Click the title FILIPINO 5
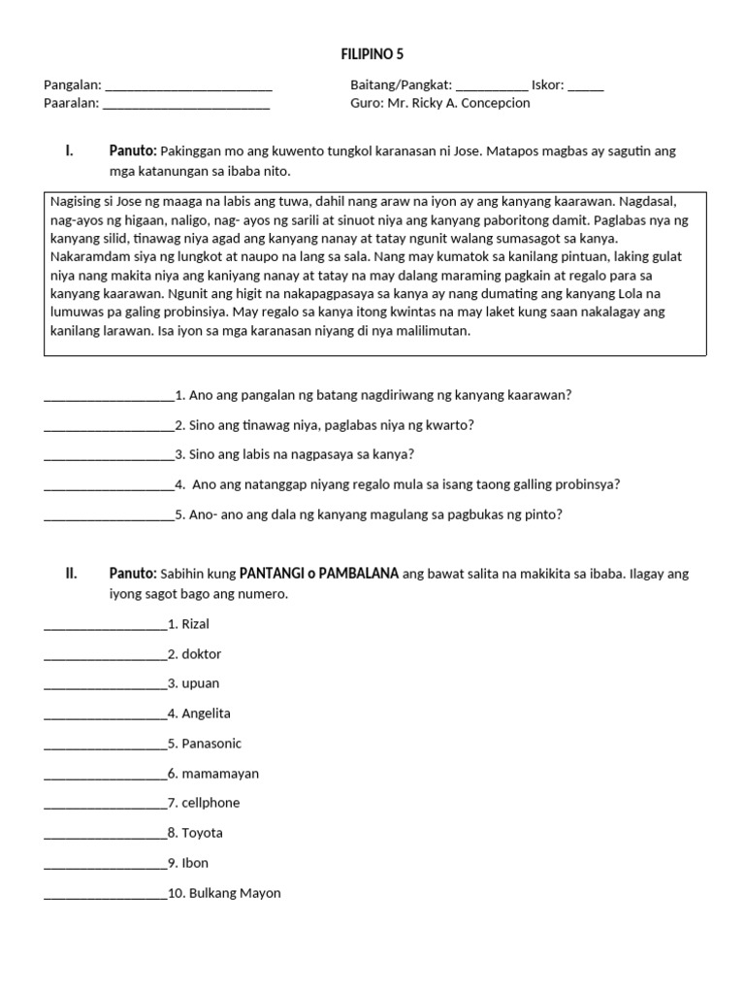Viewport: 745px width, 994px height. pyautogui.click(x=372, y=53)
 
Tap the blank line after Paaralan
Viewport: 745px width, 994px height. pyautogui.click(x=186, y=105)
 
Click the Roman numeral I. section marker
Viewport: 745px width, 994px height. pyautogui.click(x=69, y=151)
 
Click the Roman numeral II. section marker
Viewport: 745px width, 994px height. pyautogui.click(x=71, y=574)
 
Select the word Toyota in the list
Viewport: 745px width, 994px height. pyautogui.click(x=202, y=833)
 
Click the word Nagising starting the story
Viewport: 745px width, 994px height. pyautogui.click(x=78, y=202)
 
